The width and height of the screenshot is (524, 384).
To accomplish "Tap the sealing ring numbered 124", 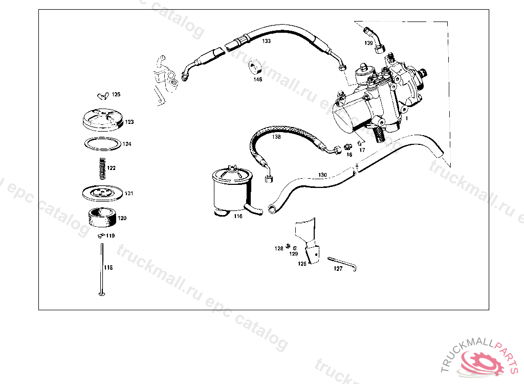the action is point(102,144).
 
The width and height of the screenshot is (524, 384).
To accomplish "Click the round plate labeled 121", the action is point(101,194).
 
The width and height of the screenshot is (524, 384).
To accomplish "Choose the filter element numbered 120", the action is point(102,218).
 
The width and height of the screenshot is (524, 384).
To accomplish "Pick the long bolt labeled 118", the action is point(102,269).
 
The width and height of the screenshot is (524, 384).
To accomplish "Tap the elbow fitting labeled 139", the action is point(378,41).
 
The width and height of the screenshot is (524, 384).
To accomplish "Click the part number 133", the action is point(267,41).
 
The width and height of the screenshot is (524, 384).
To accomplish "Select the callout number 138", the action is point(276,137).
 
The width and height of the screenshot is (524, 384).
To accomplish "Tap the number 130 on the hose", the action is point(322,175).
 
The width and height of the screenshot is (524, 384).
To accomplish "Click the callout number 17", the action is point(362,150).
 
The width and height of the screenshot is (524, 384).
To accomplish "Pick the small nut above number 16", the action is point(347,146).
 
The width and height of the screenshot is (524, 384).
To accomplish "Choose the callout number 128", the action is point(278,248).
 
